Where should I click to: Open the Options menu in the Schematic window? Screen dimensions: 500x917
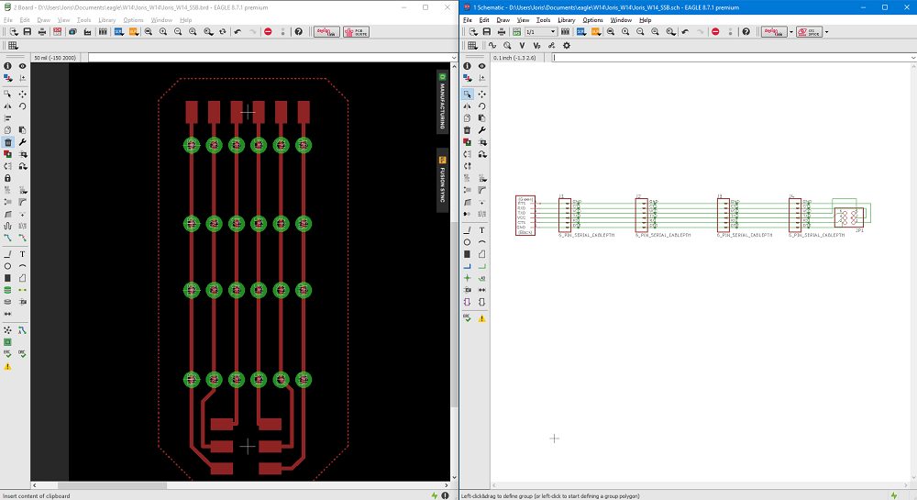(593, 19)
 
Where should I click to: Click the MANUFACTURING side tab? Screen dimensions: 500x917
(442, 102)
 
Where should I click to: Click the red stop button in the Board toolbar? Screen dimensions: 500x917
(268, 32)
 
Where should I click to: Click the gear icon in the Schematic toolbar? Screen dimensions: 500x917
(566, 45)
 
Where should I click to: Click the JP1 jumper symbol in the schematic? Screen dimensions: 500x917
(850, 217)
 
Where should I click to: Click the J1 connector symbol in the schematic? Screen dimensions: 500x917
(565, 216)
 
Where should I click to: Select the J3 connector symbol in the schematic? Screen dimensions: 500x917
(724, 216)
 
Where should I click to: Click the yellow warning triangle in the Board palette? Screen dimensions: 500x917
(7, 366)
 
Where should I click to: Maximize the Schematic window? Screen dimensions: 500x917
(884, 6)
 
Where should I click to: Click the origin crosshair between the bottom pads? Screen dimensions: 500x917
(248, 446)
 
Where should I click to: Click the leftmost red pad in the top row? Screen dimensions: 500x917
(192, 112)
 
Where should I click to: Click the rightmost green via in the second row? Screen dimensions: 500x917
(304, 224)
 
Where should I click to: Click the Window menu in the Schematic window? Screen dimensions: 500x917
(621, 19)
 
